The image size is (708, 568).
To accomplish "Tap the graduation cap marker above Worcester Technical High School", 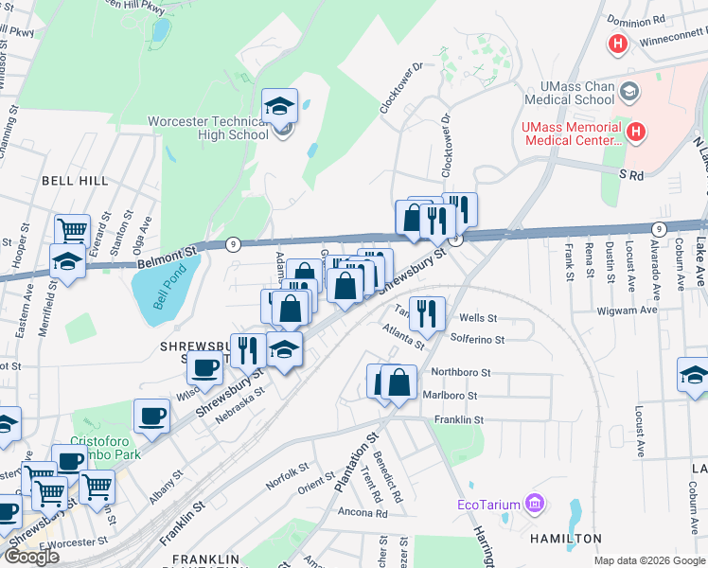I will coord(280,106).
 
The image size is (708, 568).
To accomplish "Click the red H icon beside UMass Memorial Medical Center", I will coord(636,133).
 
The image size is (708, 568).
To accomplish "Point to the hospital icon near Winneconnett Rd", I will coord(618,44).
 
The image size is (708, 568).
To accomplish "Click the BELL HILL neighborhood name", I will coord(74,180).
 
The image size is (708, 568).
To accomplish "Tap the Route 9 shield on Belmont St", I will coord(232,244).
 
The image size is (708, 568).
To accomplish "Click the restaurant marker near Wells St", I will coord(427,313).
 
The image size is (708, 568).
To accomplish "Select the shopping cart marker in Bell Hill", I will coord(72,230).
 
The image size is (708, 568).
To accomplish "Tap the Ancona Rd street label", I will coord(363,513).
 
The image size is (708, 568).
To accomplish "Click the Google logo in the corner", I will coord(31,557).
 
